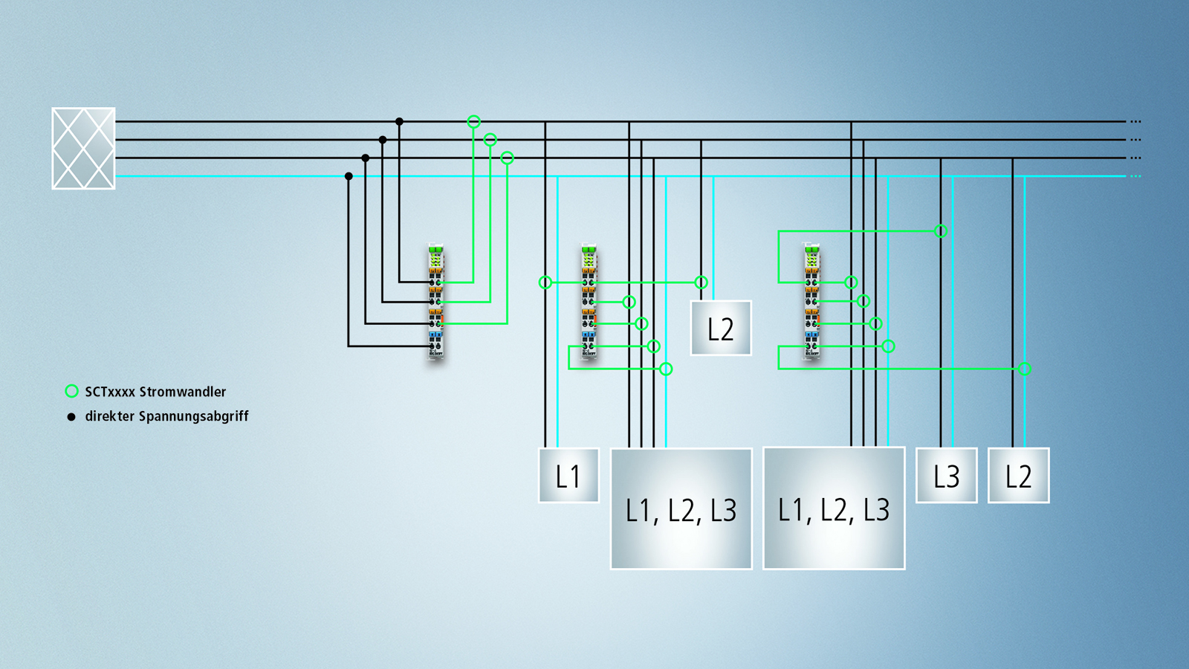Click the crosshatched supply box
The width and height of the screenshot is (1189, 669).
tap(83, 149)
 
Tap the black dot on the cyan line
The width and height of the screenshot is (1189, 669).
tap(349, 176)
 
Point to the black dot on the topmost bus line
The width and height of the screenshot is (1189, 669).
tap(399, 121)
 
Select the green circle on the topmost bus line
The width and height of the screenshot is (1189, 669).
tap(473, 121)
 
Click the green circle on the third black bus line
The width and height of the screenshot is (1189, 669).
tap(507, 158)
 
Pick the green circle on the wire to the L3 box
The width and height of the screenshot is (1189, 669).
tap(941, 231)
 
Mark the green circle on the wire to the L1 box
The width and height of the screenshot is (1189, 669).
tap(545, 282)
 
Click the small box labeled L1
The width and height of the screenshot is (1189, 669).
tap(568, 476)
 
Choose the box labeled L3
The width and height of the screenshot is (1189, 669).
tap(946, 476)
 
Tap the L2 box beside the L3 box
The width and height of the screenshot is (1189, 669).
tap(1018, 476)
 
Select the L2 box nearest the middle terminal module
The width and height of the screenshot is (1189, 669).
tap(721, 329)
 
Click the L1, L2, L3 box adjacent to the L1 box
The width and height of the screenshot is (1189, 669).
tap(681, 509)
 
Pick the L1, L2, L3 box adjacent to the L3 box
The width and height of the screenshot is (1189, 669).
tap(834, 508)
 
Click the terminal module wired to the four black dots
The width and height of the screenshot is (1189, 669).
tap(435, 302)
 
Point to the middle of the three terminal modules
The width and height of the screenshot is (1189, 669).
tap(589, 302)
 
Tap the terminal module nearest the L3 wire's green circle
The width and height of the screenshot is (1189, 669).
tap(811, 302)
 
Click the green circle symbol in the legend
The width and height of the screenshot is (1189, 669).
tap(71, 391)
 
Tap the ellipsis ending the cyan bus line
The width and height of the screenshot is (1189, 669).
tap(1135, 176)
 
